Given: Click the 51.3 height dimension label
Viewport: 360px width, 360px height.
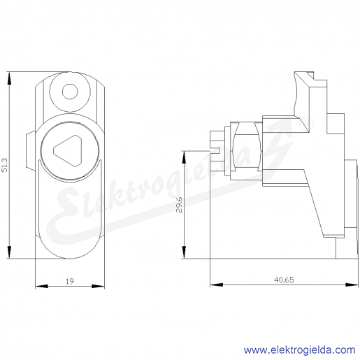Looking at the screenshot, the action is tap(4, 165).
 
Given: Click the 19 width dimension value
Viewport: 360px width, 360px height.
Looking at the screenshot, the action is tap(70, 282).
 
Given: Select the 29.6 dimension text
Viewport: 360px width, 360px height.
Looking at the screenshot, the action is tap(179, 205).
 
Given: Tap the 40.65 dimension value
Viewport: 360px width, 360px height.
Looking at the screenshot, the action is tap(284, 280).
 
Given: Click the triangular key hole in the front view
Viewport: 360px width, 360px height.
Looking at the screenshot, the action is tap(68, 151).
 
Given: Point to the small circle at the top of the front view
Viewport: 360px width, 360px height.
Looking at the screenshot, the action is tap(70, 92).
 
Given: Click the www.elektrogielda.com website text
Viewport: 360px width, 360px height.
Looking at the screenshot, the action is tap(299, 350).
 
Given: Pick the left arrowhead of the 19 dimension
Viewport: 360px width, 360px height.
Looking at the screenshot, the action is tap(42, 286).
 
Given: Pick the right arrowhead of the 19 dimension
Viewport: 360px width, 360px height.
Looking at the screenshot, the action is tap(98, 286).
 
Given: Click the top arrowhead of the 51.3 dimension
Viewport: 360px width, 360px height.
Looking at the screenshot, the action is tap(9, 78).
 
